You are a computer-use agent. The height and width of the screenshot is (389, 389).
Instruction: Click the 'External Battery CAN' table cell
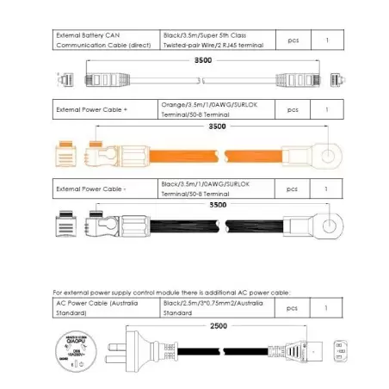pos(105,40)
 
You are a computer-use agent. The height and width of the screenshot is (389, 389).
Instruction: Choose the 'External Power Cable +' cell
pos(105,110)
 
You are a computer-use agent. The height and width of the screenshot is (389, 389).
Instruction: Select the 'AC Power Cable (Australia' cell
pos(105,307)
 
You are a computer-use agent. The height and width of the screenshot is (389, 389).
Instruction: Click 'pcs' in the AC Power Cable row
pos(292,307)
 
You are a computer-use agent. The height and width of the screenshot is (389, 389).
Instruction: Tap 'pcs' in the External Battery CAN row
pos(292,40)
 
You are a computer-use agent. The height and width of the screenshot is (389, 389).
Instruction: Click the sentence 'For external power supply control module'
pos(172,293)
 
